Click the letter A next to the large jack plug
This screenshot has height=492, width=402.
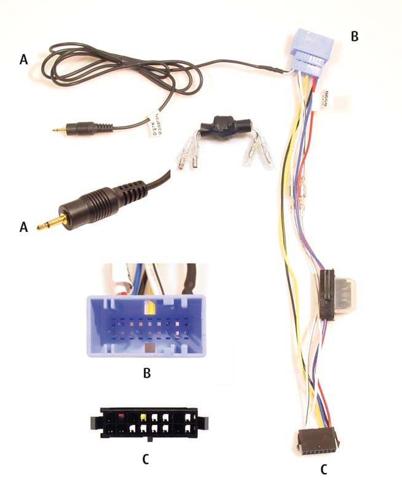pyautogui.click(x=24, y=227)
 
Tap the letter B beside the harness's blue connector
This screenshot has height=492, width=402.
pyautogui.click(x=354, y=36)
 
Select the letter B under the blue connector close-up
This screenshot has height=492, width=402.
pyautogui.click(x=146, y=372)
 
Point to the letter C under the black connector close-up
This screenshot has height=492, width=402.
pyautogui.click(x=145, y=458)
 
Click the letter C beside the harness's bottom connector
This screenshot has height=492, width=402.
pyautogui.click(x=324, y=470)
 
